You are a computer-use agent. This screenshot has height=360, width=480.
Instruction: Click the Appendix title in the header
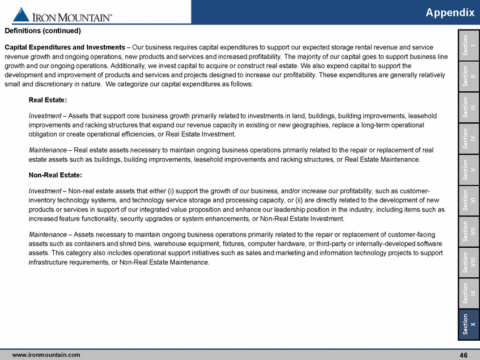coord(451,12)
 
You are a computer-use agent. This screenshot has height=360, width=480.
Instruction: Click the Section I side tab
coord(468,44)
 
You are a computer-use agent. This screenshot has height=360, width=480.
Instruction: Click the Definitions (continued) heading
coord(43,31)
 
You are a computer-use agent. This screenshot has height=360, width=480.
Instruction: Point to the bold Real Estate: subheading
coord(48,100)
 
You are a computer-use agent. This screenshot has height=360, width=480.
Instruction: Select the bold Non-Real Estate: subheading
coord(55,175)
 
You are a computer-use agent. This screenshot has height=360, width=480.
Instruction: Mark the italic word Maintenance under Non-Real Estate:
coord(48,234)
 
